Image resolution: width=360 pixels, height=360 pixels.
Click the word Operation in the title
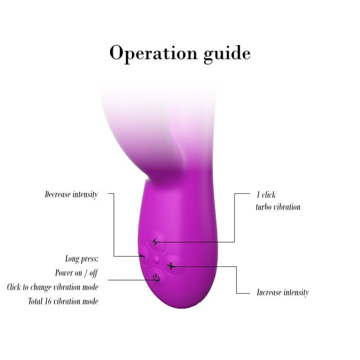pyautogui.click(x=153, y=54)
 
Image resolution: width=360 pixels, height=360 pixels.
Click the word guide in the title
pyautogui.click(x=227, y=54)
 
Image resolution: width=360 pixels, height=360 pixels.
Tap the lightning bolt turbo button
pyautogui.click(x=156, y=242)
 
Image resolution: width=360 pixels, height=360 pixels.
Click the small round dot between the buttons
pyautogui.click(x=156, y=260)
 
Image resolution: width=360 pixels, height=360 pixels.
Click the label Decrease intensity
pyautogui.click(x=72, y=195)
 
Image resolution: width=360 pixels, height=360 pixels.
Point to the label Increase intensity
pyautogui.click(x=283, y=292)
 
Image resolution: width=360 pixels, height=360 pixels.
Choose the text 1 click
pyautogui.click(x=266, y=195)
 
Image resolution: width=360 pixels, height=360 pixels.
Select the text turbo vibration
pyautogui.click(x=278, y=207)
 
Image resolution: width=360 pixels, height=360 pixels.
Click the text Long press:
pyautogui.click(x=82, y=259)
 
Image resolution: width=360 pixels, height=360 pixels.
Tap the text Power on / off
pyautogui.click(x=76, y=273)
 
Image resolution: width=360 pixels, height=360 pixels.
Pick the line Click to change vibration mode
pyautogui.click(x=53, y=287)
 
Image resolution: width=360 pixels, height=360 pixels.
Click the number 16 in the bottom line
pyautogui.click(x=48, y=301)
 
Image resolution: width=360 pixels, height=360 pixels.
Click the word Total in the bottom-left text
pyautogui.click(x=36, y=301)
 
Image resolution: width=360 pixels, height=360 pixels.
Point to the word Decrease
pyautogui.click(x=58, y=194)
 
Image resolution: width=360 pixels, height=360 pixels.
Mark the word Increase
pyautogui.click(x=269, y=292)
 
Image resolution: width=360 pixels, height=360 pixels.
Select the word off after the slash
pyautogui.click(x=94, y=273)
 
